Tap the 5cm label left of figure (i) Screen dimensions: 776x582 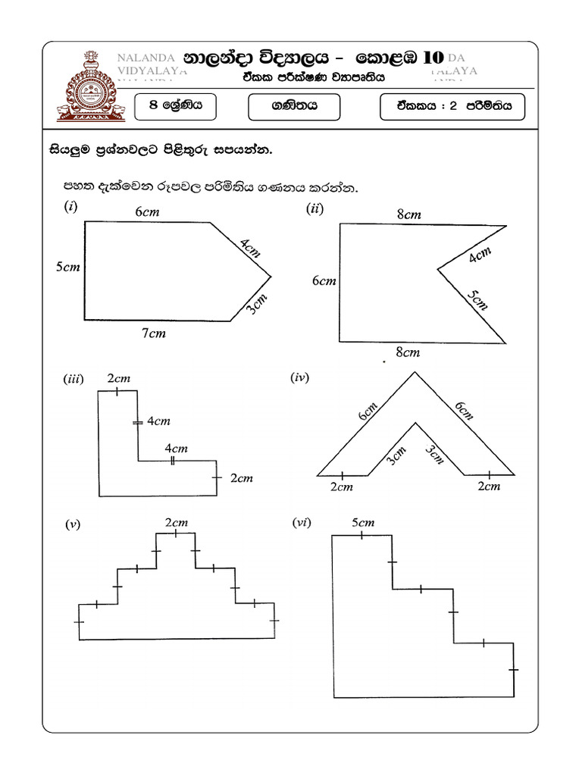pyautogui.click(x=67, y=267)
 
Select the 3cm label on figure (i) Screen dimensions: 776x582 pyautogui.click(x=257, y=308)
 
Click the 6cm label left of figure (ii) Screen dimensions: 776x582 pyautogui.click(x=324, y=281)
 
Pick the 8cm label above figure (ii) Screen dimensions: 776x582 pyautogui.click(x=408, y=214)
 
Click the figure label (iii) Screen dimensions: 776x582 pyautogui.click(x=73, y=380)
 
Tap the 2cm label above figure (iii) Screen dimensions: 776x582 pyautogui.click(x=118, y=377)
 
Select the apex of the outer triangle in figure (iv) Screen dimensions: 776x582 pyautogui.click(x=414, y=371)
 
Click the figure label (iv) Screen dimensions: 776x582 pyautogui.click(x=300, y=377)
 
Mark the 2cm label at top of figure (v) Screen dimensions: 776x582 pyautogui.click(x=176, y=522)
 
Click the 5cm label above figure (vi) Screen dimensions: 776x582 pyautogui.click(x=363, y=523)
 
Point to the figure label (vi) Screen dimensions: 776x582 pyautogui.click(x=301, y=523)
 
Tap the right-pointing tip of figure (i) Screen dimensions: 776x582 pyautogui.click(x=271, y=274)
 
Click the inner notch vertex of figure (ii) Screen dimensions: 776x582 pyautogui.click(x=437, y=268)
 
